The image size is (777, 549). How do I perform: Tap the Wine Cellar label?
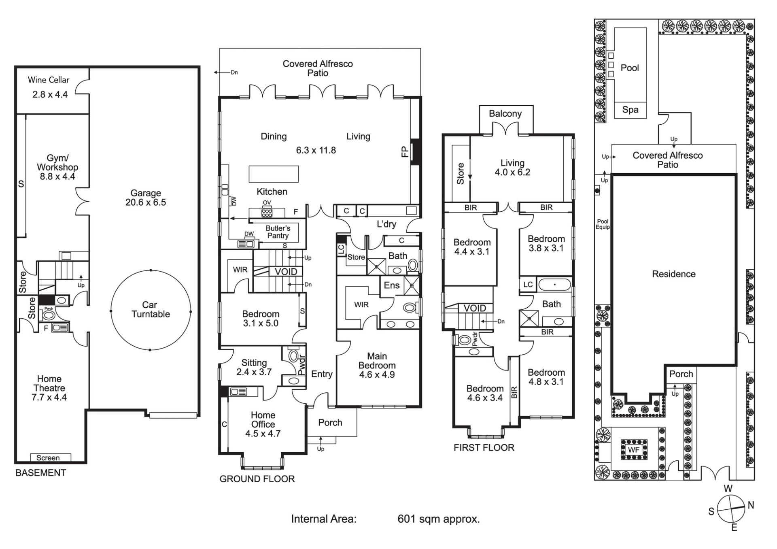(49, 80)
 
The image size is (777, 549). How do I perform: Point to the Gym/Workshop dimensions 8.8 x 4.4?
(57, 177)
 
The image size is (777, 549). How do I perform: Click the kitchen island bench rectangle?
(274, 174)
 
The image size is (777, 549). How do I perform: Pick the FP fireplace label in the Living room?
(404, 152)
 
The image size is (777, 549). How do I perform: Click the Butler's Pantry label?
(278, 232)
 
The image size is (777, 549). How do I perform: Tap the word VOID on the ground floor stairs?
(286, 272)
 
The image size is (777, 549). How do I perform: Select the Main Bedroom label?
(377, 361)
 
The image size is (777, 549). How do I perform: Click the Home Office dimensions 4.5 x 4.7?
(263, 434)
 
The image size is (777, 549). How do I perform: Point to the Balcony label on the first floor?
(505, 114)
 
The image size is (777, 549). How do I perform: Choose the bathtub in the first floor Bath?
(554, 285)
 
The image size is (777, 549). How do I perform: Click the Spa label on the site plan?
(630, 110)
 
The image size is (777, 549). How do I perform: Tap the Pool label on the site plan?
(630, 68)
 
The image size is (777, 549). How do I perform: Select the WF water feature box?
(633, 450)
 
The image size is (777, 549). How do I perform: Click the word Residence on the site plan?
(673, 274)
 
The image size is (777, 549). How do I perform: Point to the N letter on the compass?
(751, 505)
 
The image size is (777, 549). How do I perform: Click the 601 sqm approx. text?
(438, 519)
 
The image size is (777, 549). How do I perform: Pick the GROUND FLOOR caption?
(257, 479)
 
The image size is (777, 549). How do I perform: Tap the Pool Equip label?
(603, 224)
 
